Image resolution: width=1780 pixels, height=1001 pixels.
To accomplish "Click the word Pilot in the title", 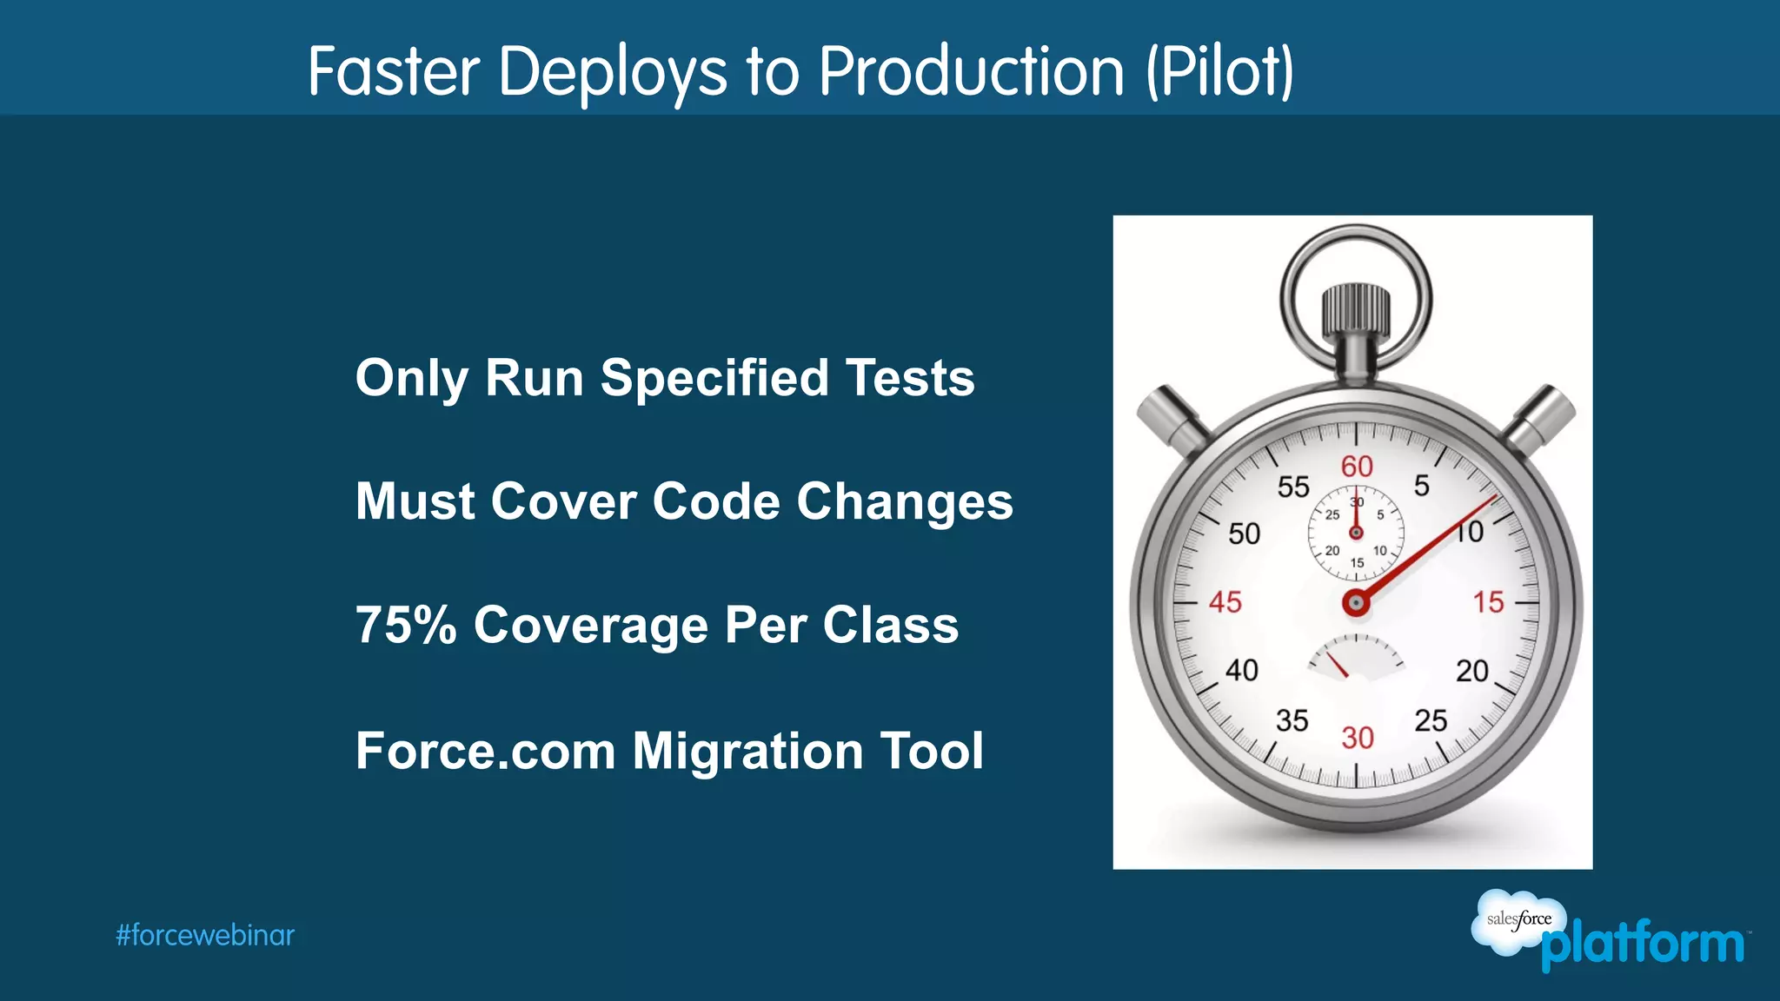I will pyautogui.click(x=1219, y=71).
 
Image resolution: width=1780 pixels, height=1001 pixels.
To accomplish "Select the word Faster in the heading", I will pyautogui.click(x=393, y=71).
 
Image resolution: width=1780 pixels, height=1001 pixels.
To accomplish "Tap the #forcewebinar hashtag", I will pyautogui.click(x=205, y=936).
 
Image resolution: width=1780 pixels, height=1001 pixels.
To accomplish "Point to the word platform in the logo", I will pyautogui.click(x=1642, y=945).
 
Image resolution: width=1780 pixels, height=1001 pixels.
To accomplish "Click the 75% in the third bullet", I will pyautogui.click(x=406, y=625).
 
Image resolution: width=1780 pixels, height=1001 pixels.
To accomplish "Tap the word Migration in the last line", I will pyautogui.click(x=747, y=751).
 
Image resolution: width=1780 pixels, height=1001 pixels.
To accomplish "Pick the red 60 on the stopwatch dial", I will pyautogui.click(x=1357, y=467).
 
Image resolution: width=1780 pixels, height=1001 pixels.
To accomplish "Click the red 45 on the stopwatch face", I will pyautogui.click(x=1225, y=602).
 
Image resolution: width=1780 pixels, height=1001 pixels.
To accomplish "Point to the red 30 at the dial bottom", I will pyautogui.click(x=1357, y=738).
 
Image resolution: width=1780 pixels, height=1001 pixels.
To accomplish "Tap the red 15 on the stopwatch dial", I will pyautogui.click(x=1488, y=602).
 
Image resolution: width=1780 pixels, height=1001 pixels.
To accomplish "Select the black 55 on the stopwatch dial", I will pyautogui.click(x=1292, y=487).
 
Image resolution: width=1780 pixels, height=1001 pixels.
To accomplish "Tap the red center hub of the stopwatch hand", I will pyautogui.click(x=1356, y=602).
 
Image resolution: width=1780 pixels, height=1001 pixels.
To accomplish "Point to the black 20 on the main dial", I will pyautogui.click(x=1472, y=671).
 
